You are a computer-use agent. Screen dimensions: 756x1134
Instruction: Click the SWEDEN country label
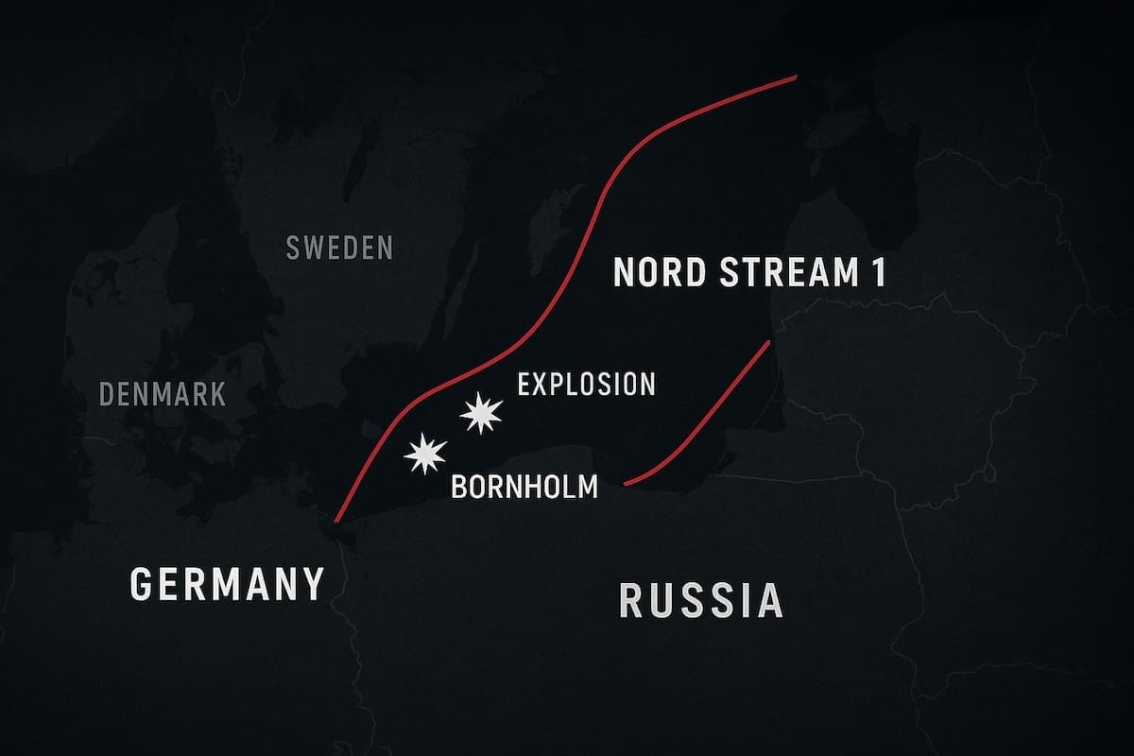338,249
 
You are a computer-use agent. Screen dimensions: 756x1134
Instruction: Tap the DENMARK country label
163,393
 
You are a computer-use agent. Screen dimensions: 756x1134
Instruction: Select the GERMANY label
227,583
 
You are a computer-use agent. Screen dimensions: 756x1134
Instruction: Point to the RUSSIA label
700,600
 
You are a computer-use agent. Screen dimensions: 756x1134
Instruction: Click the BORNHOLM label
524,488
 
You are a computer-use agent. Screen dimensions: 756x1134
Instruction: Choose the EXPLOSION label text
586,384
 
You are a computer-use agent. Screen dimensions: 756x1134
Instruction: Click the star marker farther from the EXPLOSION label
424,455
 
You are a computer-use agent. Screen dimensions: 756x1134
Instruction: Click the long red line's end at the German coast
335,521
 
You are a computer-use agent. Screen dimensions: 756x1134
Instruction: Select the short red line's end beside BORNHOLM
627,484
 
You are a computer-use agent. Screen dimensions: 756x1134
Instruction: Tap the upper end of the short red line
771,341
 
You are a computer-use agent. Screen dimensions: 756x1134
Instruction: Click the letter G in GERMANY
143,583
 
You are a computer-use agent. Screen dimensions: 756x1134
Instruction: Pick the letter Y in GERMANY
311,583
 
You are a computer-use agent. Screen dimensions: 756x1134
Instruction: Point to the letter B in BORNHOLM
459,488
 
